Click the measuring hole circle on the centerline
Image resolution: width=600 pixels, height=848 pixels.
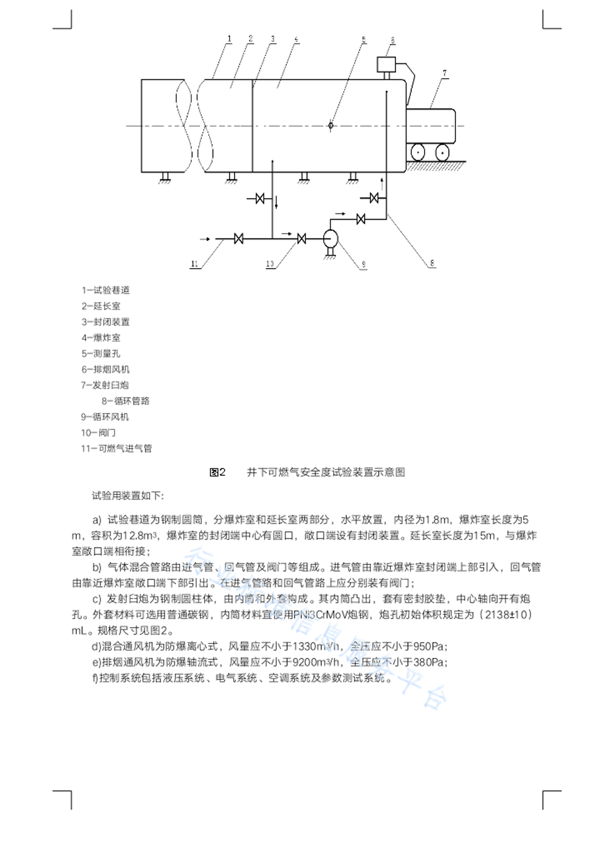(330, 125)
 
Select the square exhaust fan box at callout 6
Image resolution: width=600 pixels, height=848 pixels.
(386, 65)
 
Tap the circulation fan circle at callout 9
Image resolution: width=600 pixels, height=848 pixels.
(330, 239)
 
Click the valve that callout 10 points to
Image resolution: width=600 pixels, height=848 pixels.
(302, 239)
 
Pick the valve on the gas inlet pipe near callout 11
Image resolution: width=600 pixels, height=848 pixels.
(238, 239)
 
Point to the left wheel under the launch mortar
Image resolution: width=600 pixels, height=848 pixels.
(417, 152)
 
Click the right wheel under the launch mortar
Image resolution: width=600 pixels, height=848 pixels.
(442, 152)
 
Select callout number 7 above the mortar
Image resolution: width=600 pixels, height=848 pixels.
(445, 73)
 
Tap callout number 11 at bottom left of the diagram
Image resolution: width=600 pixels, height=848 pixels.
(194, 264)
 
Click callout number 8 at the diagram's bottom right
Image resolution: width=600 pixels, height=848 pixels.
(432, 263)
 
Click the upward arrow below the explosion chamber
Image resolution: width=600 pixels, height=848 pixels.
(382, 182)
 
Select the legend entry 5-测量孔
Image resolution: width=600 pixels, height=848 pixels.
(101, 354)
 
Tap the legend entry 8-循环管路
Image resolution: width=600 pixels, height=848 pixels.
(125, 401)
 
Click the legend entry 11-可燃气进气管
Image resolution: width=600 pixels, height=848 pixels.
(116, 449)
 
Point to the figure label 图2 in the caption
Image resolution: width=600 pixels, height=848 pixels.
(217, 472)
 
